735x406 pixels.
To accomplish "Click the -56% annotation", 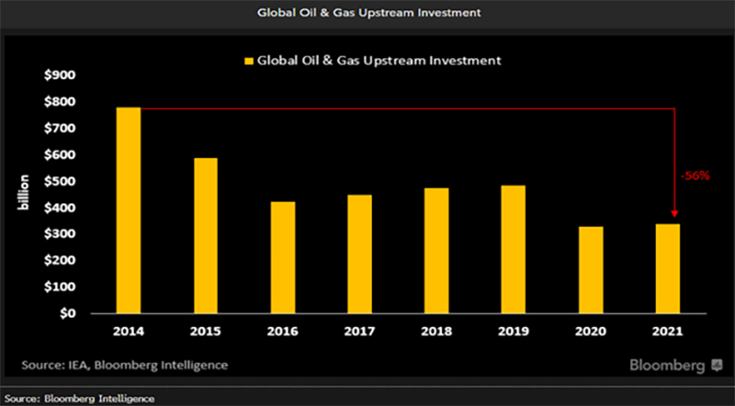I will (695, 175).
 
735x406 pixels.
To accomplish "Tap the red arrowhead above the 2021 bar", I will (676, 216).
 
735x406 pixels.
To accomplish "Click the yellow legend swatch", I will (247, 61).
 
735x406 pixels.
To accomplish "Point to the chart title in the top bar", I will (367, 12).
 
